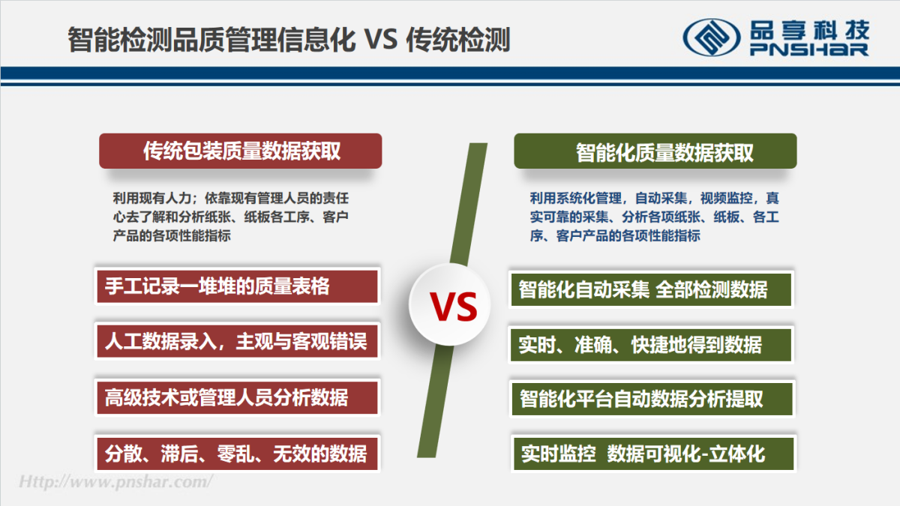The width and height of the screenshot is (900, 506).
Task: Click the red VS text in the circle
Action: pyautogui.click(x=454, y=306)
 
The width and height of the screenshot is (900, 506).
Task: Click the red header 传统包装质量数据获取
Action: pyautogui.click(x=240, y=151)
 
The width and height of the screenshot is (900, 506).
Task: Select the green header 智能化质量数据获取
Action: pyautogui.click(x=655, y=151)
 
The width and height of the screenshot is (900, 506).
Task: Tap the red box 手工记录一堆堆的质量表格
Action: pyautogui.click(x=237, y=286)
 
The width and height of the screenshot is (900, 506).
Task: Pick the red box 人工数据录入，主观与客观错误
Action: pyautogui.click(x=237, y=341)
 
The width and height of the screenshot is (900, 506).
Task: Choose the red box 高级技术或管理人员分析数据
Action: pyautogui.click(x=237, y=397)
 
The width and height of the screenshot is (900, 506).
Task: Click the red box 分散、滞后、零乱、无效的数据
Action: pyautogui.click(x=237, y=454)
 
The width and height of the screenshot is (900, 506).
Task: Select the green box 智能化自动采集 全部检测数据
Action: pyautogui.click(x=651, y=289)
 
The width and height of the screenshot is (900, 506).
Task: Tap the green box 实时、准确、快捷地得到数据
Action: pyautogui.click(x=651, y=345)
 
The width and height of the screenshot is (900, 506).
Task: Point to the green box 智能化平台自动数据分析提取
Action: pyautogui.click(x=652, y=399)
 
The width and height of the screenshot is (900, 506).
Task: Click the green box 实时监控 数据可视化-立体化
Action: pyautogui.click(x=653, y=454)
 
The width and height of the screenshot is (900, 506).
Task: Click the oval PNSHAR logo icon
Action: pyautogui.click(x=712, y=37)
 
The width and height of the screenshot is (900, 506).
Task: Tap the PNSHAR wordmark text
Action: pyautogui.click(x=809, y=49)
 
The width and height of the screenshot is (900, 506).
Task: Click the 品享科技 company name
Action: pyautogui.click(x=809, y=30)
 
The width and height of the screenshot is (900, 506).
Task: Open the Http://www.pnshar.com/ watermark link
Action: pyautogui.click(x=115, y=481)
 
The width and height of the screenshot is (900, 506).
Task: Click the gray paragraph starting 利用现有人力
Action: pyautogui.click(x=231, y=217)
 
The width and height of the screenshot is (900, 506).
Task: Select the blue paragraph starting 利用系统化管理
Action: pyautogui.click(x=655, y=217)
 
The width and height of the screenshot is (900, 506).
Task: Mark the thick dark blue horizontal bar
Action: pyautogui.click(x=450, y=73)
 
